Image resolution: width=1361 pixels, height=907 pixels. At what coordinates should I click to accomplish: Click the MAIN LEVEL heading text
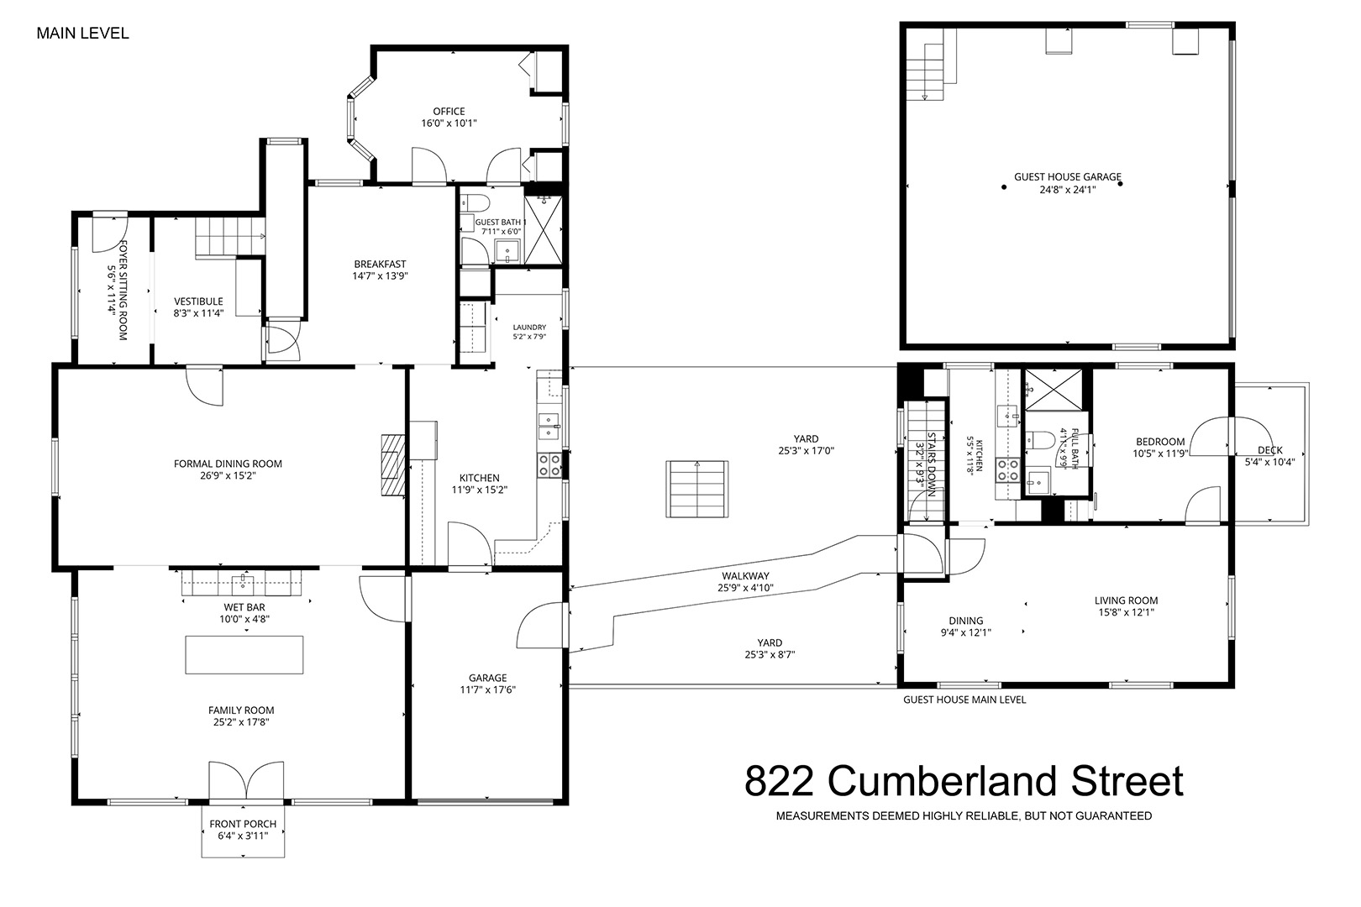point(82,34)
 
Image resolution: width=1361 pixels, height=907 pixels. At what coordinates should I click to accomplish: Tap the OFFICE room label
point(449,111)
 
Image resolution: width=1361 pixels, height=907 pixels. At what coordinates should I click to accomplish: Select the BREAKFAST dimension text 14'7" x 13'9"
point(380,275)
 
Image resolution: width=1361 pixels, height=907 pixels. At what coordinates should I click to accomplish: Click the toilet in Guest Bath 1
point(476,202)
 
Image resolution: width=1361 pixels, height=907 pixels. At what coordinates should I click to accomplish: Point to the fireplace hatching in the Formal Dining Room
point(393,465)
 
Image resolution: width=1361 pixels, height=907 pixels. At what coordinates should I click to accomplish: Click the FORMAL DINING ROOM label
point(228,464)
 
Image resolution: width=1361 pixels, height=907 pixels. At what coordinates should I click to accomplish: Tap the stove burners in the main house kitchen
point(549,465)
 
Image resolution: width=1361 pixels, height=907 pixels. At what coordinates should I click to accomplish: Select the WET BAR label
point(244,607)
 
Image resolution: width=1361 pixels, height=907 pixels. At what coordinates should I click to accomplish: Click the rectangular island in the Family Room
point(244,655)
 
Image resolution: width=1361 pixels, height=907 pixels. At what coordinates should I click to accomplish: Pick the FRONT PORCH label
point(243,824)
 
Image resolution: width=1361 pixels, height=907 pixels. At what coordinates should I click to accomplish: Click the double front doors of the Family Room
point(245,781)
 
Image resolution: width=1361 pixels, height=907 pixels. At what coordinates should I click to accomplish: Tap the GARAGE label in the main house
point(488,678)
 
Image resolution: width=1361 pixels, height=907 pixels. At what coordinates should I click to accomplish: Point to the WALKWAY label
point(745,575)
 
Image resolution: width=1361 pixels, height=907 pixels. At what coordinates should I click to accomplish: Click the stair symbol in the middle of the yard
point(697,489)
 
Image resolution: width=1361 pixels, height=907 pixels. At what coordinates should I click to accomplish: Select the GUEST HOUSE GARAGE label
point(1068,177)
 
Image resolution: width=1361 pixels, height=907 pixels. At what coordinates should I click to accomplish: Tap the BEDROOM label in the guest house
point(1160,442)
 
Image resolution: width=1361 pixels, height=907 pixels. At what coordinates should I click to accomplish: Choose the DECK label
point(1270,450)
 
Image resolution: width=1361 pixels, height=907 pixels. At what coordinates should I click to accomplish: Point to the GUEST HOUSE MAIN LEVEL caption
point(964,700)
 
